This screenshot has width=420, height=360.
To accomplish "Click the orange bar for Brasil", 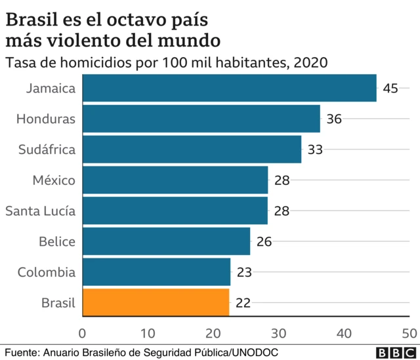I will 156,303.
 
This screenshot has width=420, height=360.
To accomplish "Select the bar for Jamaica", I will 229,88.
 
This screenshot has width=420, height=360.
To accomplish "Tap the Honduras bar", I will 201,119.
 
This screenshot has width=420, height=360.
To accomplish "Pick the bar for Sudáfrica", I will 192,150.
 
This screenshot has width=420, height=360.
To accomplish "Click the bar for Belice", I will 166,241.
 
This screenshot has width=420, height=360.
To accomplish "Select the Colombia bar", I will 156,272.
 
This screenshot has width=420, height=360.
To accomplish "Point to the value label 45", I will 390,89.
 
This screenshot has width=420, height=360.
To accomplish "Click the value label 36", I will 334,119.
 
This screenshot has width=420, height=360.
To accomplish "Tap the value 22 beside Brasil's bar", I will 243,303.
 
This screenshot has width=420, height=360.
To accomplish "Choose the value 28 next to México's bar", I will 282,180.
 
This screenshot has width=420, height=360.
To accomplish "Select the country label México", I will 54,180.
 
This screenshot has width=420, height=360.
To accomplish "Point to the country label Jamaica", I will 51,89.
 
